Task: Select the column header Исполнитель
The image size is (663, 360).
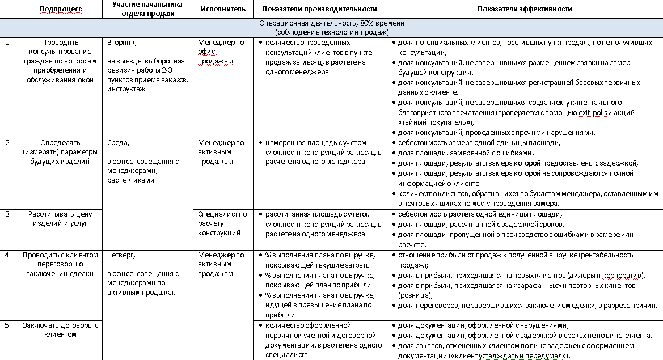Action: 223,9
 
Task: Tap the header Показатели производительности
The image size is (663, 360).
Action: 319,9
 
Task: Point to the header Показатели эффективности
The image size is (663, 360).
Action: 524,9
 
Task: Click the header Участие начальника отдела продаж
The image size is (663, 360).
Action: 148,10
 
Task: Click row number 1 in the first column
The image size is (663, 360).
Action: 6,42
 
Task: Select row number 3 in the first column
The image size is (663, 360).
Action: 6,214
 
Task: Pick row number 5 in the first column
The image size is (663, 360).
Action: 6,325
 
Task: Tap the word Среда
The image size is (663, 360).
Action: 118,143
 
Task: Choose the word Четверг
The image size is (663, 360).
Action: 121,255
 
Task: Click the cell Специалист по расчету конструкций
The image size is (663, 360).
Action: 222,223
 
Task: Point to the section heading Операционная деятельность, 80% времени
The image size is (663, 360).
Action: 331,23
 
